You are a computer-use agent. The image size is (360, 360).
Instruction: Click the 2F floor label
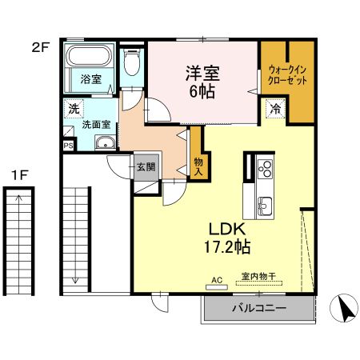[40, 47]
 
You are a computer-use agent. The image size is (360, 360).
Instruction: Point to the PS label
[68, 146]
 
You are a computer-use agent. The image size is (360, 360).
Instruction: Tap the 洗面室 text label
[95, 126]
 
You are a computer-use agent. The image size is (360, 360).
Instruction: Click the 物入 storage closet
[198, 164]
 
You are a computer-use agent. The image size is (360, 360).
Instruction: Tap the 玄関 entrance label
[146, 167]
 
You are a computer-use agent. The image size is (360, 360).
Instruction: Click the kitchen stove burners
[265, 168]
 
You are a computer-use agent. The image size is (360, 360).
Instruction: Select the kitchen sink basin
[264, 206]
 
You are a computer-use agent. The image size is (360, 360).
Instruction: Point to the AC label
[216, 280]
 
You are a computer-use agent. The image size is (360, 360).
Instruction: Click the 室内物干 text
[258, 276]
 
